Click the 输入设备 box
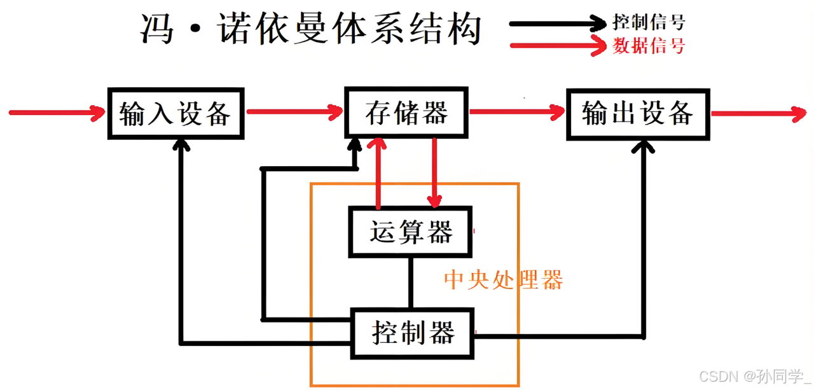(176, 113)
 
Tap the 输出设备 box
(637, 113)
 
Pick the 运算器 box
(411, 232)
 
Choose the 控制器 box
(413, 333)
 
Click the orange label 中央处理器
(503, 280)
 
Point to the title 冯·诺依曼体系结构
(311, 29)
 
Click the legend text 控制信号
(649, 23)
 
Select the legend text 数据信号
(649, 46)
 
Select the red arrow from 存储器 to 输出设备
(516, 113)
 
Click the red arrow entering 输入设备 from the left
(57, 113)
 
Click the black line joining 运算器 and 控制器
(411, 282)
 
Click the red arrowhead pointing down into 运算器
(434, 201)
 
